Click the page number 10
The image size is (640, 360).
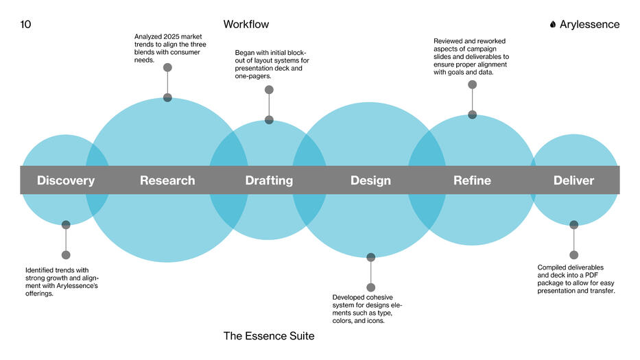[26, 25]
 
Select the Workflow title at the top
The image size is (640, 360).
[246, 25]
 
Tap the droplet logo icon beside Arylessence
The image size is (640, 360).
[553, 25]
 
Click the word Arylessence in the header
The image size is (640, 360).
[589, 25]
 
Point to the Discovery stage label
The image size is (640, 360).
[66, 181]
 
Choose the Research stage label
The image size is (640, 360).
[167, 181]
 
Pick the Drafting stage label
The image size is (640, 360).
[269, 181]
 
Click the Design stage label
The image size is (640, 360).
[370, 181]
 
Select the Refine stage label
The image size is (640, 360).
[472, 181]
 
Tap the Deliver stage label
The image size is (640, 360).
[573, 181]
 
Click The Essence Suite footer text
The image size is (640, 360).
[269, 336]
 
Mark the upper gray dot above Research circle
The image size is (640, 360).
[167, 67]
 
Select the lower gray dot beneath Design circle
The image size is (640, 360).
[371, 287]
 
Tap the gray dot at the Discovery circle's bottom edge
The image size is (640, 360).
[66, 225]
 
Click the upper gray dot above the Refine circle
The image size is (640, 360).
[472, 84]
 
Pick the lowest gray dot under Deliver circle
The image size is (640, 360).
[573, 255]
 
